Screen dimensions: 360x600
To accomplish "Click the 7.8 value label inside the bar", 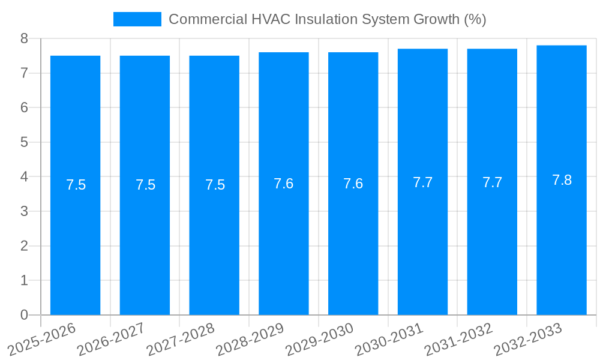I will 562,180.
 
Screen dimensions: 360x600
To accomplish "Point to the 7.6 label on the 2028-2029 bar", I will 283,184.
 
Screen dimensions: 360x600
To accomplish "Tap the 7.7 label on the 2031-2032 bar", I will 492,183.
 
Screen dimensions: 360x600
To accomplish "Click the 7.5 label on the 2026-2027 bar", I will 145,185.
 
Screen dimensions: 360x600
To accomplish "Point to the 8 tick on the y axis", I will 25,38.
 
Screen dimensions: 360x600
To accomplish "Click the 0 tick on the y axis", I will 25,315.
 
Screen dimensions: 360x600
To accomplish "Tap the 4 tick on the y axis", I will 25,177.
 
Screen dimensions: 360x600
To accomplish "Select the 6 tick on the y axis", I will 25,108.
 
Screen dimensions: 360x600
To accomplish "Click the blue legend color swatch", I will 137,19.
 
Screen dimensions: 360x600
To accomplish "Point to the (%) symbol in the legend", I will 475,19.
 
